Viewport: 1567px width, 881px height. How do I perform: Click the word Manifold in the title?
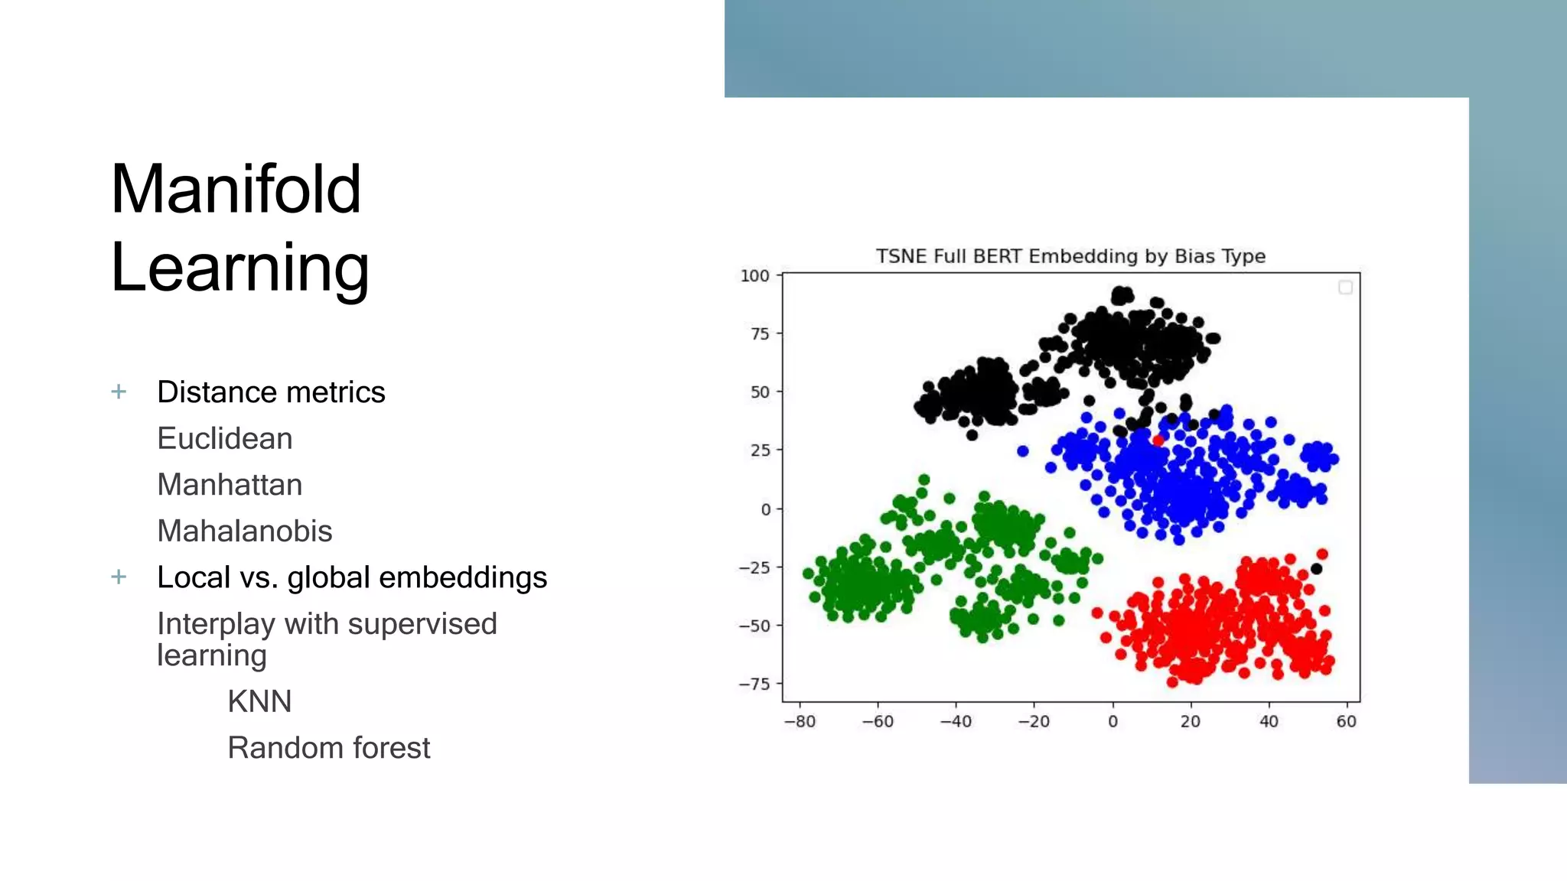[236, 189]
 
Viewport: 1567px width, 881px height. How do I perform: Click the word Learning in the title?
[239, 267]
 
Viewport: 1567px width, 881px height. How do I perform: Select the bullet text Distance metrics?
[271, 392]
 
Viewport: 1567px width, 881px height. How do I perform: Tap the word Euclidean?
[224, 439]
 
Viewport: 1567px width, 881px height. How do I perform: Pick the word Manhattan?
[230, 485]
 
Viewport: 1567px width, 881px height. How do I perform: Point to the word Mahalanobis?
[244, 532]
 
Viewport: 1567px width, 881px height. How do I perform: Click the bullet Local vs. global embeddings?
[351, 577]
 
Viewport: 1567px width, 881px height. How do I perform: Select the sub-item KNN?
[259, 701]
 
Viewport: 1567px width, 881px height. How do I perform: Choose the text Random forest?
[328, 748]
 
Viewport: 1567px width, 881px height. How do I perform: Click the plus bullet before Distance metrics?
[119, 392]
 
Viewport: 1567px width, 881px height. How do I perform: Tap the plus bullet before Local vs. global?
[119, 577]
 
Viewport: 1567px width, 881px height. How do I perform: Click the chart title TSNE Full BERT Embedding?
[1070, 256]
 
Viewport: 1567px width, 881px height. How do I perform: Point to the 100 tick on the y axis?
[754, 276]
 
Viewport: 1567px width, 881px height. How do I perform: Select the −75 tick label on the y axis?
[754, 684]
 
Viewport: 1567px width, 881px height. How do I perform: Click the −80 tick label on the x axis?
[800, 722]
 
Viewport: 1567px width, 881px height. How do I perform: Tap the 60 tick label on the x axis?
[1346, 722]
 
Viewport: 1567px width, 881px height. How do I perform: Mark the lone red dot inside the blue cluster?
[1158, 440]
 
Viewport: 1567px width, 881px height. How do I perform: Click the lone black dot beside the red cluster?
[1316, 569]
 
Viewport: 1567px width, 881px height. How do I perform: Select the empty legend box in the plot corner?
[1345, 288]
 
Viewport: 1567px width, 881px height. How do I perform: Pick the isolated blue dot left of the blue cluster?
[1023, 451]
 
